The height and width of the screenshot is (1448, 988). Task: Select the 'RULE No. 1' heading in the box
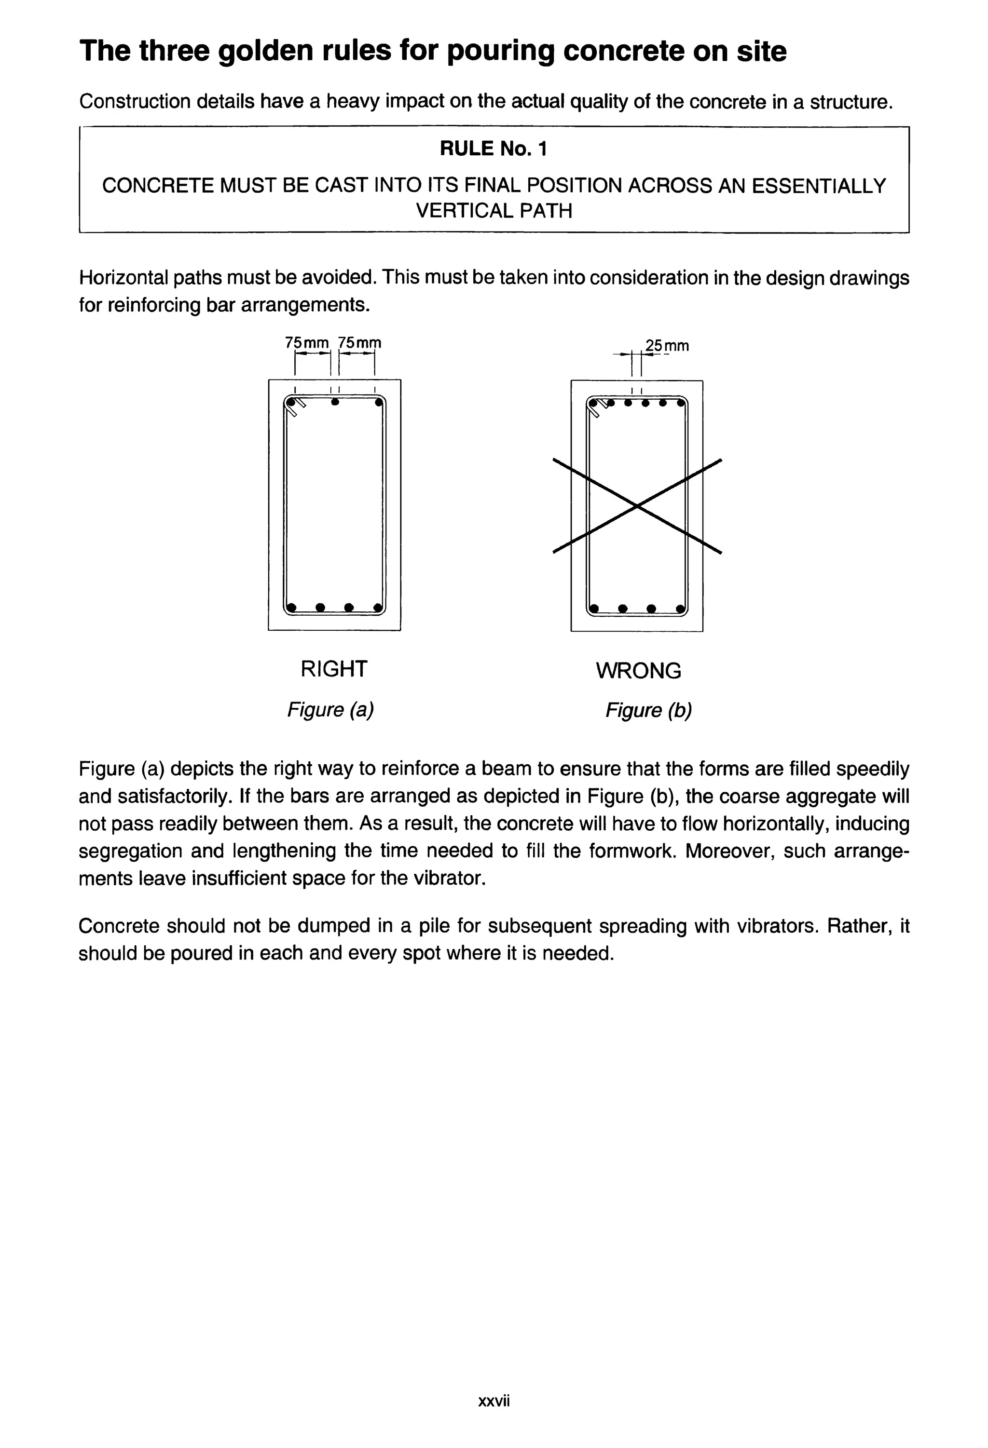click(493, 149)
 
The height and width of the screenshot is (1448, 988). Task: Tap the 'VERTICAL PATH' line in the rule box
click(494, 211)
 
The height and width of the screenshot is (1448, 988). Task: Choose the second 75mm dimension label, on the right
click(359, 343)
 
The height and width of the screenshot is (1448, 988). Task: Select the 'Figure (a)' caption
click(330, 710)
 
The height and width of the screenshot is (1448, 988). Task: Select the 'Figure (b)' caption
click(648, 710)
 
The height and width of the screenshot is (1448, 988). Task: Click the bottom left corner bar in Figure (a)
click(291, 607)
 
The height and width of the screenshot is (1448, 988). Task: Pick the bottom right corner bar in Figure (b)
click(680, 608)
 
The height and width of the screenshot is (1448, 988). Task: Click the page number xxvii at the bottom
click(494, 1401)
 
